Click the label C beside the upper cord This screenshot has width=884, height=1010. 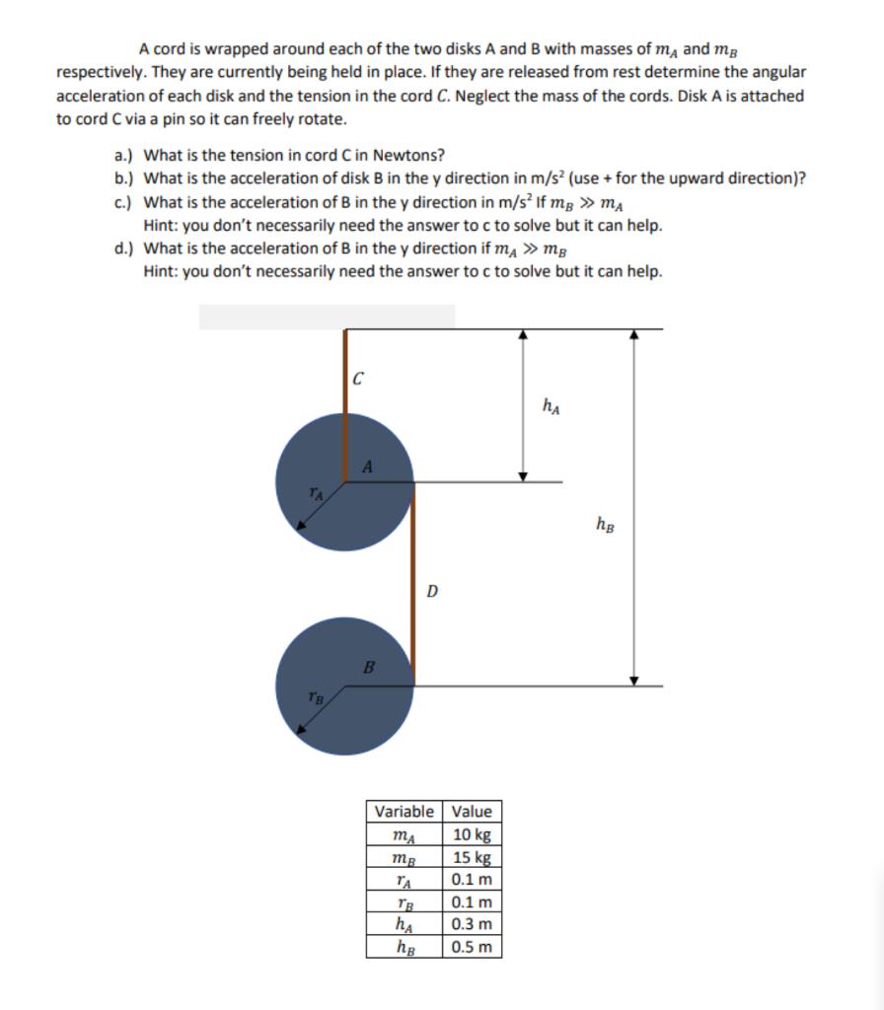point(359,376)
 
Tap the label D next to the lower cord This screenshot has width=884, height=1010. point(431,592)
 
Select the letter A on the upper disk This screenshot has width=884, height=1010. point(366,467)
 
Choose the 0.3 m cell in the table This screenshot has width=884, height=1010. point(471,924)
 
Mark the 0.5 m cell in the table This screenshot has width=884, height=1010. point(471,947)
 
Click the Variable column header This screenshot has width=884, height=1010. point(405,811)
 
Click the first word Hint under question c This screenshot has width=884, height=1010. point(160,225)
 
